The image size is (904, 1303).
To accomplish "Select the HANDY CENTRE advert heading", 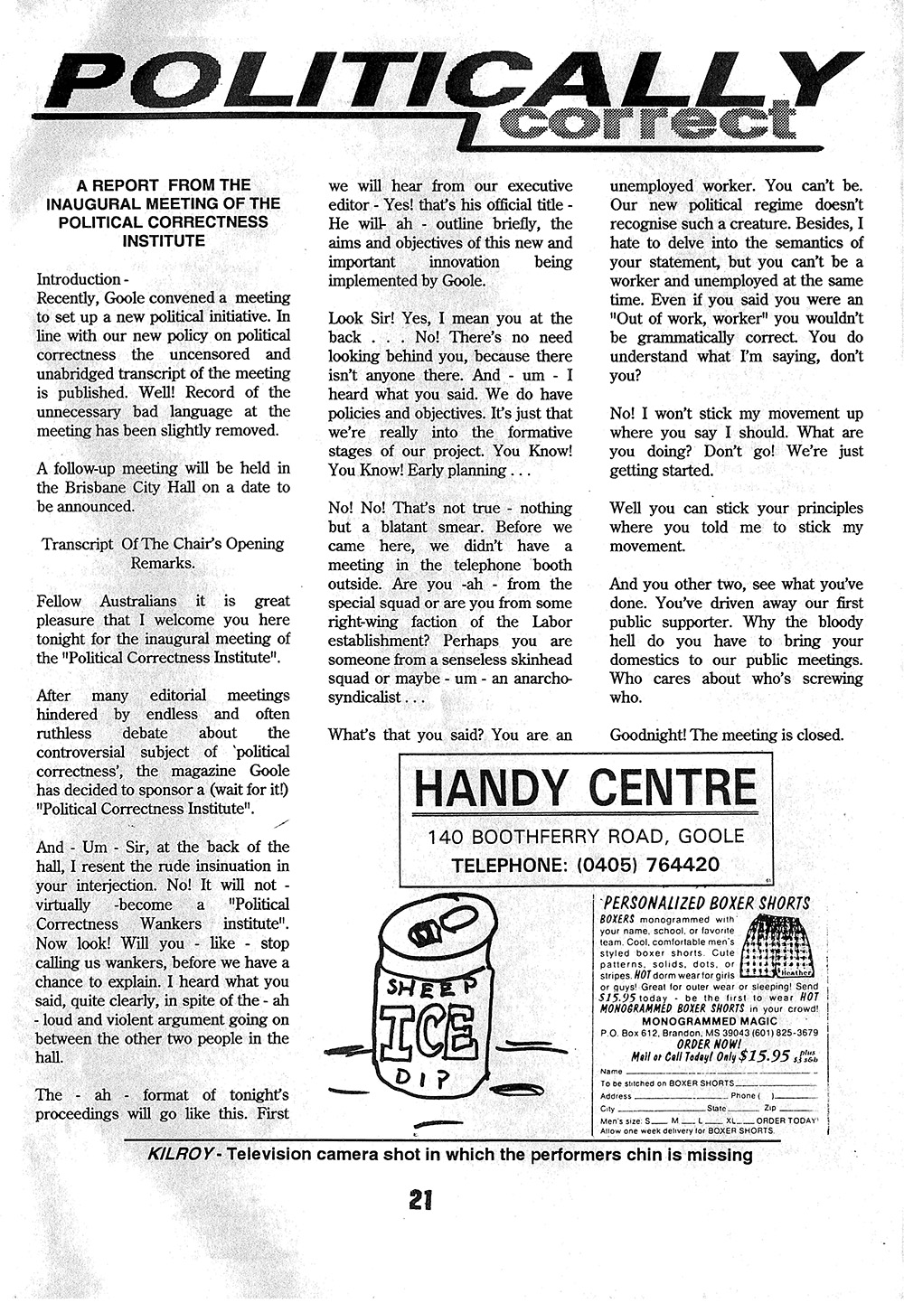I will click(x=585, y=788).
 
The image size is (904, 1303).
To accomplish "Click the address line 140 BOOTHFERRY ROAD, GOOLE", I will click(x=586, y=836).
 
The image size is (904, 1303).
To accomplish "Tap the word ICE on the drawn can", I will click(x=427, y=1029).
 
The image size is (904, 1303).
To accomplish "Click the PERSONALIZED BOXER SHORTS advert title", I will click(x=707, y=902).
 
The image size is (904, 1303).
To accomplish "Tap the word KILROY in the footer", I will click(x=184, y=1155).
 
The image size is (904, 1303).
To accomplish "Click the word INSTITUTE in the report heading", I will click(x=164, y=241).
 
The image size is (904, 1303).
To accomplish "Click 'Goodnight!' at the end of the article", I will click(x=647, y=735).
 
